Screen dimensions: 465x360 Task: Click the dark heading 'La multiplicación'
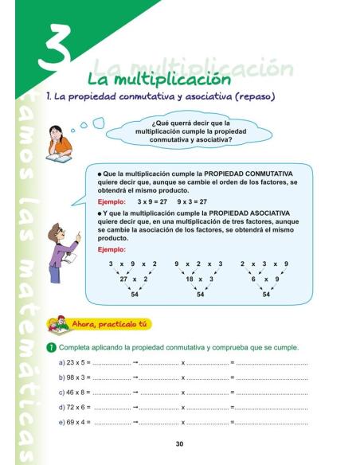coord(159,80)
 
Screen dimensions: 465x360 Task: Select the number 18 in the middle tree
coord(190,279)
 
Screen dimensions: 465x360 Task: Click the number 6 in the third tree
coord(253,279)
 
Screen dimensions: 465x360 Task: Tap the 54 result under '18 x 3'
coord(201,294)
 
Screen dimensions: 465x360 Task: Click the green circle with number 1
coord(50,348)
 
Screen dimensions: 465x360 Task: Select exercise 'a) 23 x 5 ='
coord(75,363)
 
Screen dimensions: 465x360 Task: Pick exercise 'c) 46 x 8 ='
coord(75,393)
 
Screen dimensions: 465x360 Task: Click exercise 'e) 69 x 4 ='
coord(75,421)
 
